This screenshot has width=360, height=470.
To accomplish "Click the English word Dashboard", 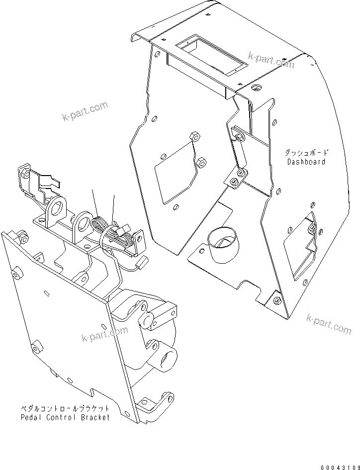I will point(306,162).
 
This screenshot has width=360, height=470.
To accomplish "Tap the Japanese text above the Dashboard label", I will point(306,153).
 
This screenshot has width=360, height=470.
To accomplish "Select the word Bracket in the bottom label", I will point(95,417).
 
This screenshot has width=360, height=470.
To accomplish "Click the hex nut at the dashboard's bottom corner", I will point(277,300).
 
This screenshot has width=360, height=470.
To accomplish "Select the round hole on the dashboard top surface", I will point(257,88).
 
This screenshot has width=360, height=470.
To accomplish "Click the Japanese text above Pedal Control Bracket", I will point(64,409).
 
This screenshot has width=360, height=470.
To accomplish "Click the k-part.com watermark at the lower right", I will point(329,324).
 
